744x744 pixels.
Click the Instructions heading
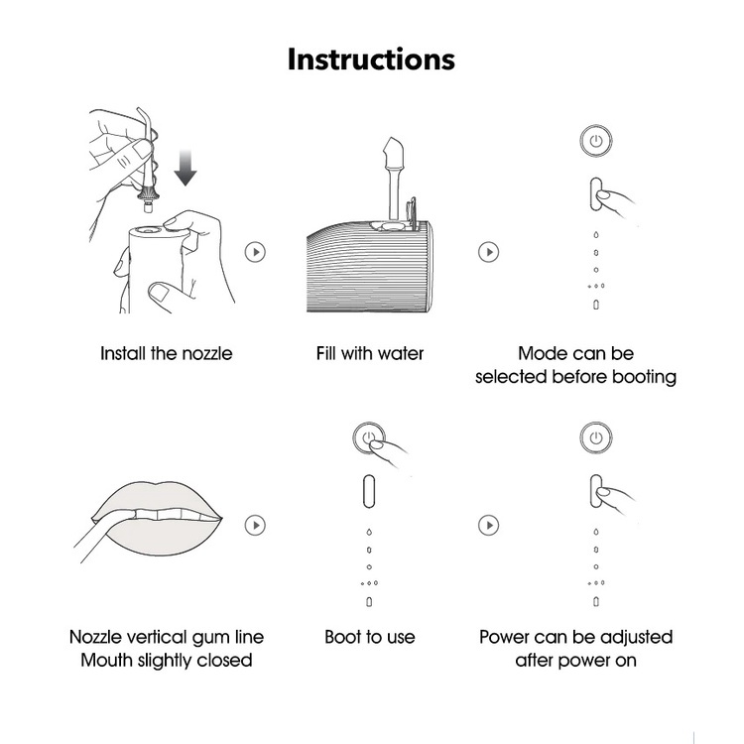[x=371, y=60]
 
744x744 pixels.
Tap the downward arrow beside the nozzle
[x=186, y=168]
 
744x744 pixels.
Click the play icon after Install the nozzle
[x=255, y=252]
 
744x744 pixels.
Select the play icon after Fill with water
[x=489, y=252]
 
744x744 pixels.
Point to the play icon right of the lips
[x=255, y=525]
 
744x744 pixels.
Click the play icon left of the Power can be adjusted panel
[x=489, y=525]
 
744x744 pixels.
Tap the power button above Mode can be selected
[x=596, y=141]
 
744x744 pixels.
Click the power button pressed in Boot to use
[x=369, y=437]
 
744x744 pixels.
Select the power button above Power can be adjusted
[x=596, y=437]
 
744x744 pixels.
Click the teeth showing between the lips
[x=169, y=514]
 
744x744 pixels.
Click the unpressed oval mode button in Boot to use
[x=369, y=492]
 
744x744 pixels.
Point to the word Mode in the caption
[x=539, y=354]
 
